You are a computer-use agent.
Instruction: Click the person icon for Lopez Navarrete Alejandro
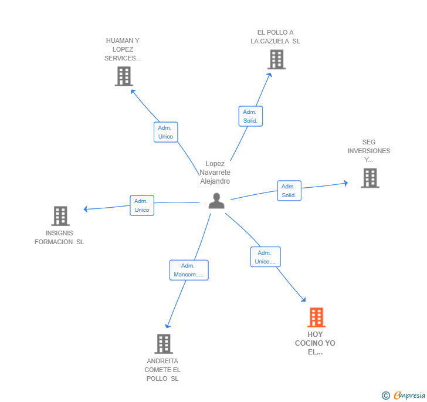[x=216, y=201]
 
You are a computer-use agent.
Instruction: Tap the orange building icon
[x=316, y=317]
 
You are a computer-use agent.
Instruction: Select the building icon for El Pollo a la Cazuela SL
[x=276, y=59]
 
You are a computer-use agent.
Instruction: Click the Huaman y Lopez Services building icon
[x=124, y=76]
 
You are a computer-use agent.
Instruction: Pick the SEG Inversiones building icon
[x=370, y=178]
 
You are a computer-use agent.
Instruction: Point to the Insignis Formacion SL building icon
[x=60, y=216]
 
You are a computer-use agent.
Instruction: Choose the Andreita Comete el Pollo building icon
[x=163, y=344]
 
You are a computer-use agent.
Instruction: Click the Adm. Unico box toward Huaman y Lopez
[x=165, y=132]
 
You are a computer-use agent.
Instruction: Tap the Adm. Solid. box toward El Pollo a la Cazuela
[x=250, y=116]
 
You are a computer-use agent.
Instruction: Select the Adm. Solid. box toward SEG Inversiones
[x=289, y=191]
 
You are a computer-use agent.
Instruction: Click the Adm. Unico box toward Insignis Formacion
[x=142, y=205]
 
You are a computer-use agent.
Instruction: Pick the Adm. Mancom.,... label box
[x=189, y=270]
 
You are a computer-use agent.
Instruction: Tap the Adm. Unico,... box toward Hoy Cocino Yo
[x=265, y=257]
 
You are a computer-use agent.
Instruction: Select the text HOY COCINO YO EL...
[x=315, y=343]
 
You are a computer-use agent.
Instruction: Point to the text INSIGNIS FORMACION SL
[x=59, y=237]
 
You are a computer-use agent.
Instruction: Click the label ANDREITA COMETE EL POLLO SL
[x=162, y=370]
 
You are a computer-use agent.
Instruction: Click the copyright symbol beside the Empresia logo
[x=386, y=396]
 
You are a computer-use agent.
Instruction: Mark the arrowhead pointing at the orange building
[x=303, y=300]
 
